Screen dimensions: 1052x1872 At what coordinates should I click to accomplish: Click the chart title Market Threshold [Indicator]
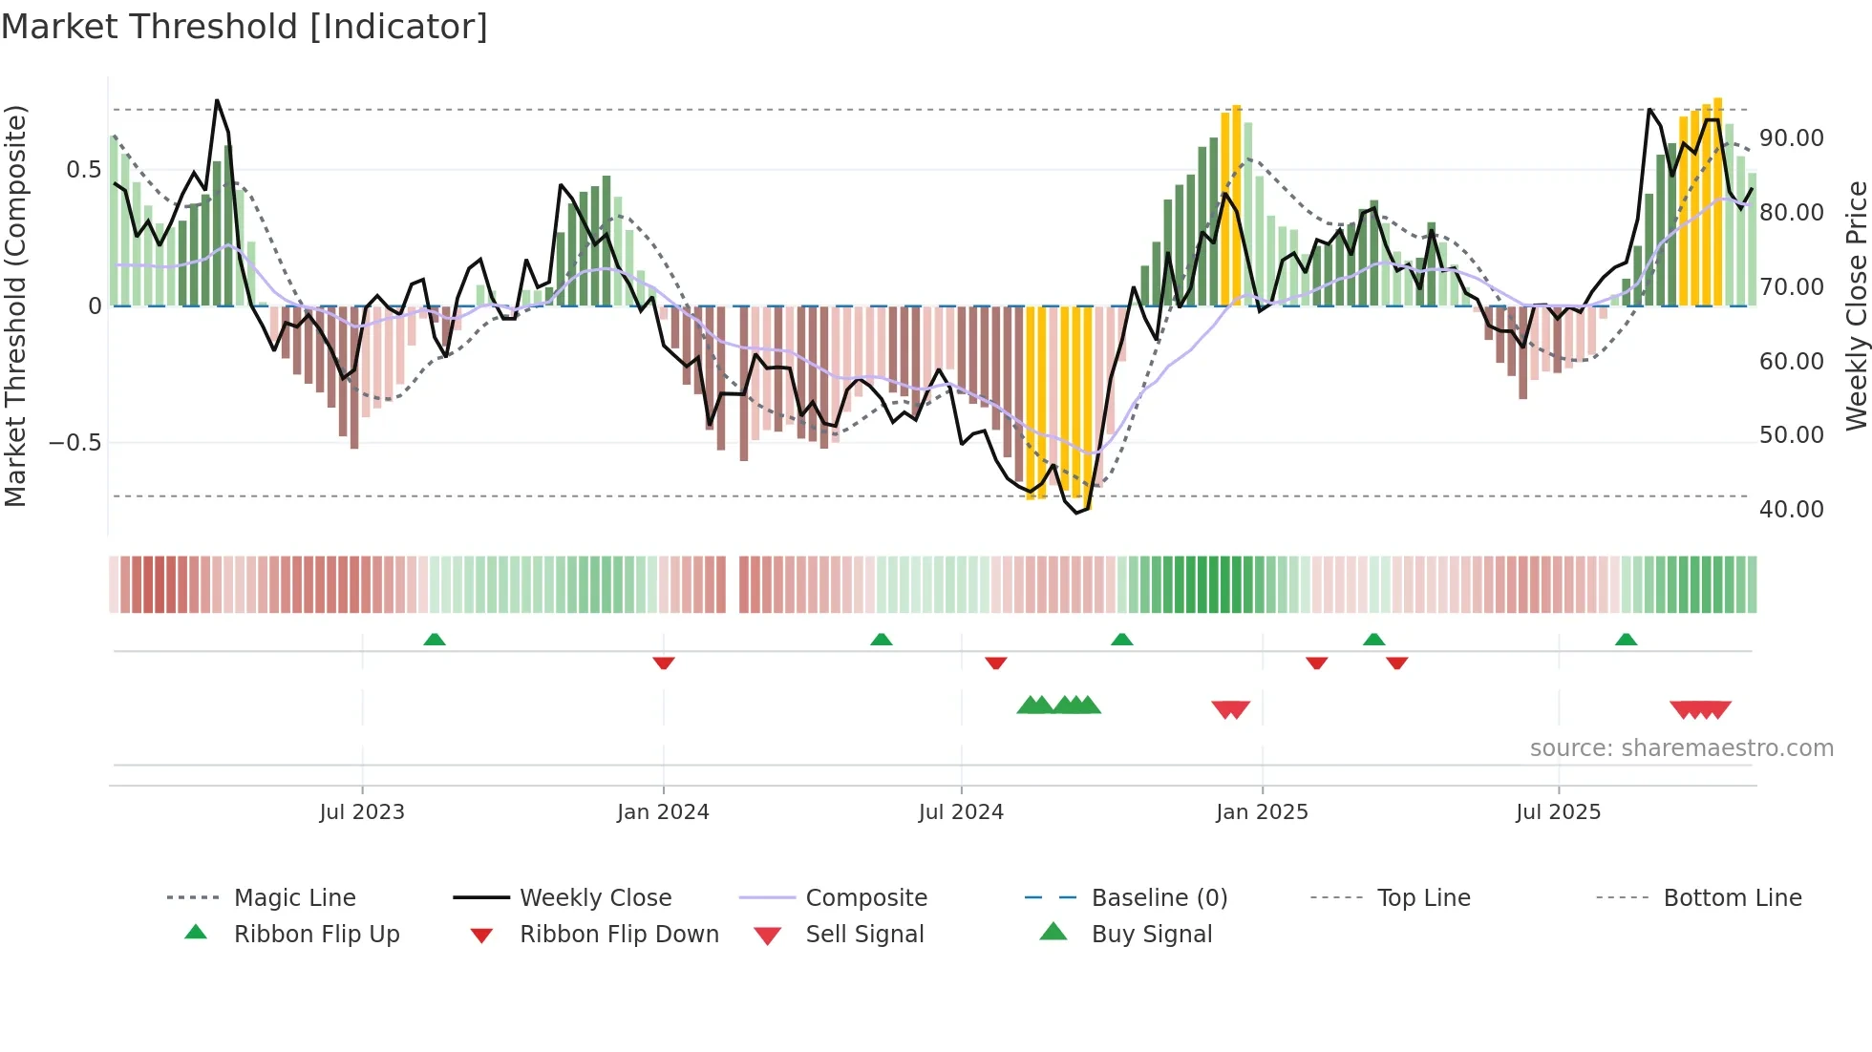[245, 27]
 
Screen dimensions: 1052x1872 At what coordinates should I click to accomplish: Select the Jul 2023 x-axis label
[362, 812]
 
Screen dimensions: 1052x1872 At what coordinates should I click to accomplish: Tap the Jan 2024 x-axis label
[663, 812]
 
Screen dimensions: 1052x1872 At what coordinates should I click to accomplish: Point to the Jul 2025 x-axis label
[1558, 812]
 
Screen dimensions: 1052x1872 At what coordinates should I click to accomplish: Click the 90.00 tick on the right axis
[1791, 138]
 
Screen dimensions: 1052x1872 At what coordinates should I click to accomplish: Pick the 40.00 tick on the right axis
[1791, 510]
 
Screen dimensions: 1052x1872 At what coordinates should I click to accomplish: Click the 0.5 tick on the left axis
[83, 170]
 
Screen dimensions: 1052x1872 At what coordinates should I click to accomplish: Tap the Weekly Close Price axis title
[1856, 305]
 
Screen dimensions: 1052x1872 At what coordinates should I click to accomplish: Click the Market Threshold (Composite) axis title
[15, 305]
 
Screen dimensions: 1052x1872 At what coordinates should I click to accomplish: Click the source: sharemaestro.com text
[1681, 748]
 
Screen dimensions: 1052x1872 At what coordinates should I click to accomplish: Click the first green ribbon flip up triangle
[435, 640]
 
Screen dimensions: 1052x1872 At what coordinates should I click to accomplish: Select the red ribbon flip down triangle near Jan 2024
[664, 663]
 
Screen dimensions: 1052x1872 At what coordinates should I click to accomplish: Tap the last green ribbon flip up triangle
[1626, 640]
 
